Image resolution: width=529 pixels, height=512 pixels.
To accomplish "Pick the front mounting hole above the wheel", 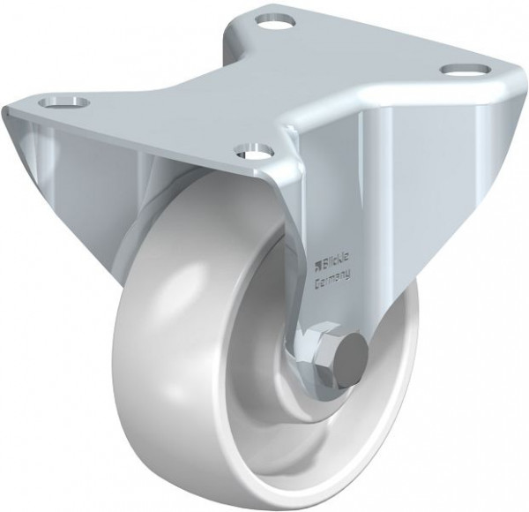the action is (x=255, y=151).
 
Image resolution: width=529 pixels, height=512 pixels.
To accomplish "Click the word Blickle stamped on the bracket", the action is (x=336, y=262).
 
